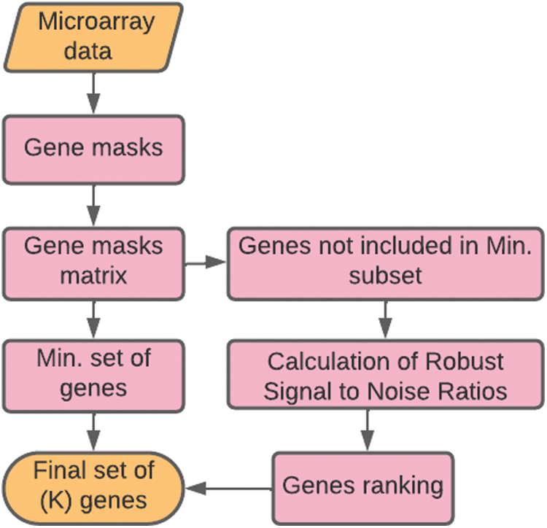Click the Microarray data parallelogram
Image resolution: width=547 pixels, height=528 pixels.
click(93, 36)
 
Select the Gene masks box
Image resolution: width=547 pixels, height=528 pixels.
click(93, 148)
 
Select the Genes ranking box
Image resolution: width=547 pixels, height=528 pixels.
click(362, 486)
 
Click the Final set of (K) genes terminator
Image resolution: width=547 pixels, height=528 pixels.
click(93, 486)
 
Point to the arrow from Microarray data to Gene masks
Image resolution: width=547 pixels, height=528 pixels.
click(93, 93)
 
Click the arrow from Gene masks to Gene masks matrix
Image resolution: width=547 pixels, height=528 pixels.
click(93, 205)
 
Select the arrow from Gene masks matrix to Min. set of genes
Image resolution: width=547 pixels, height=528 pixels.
click(93, 319)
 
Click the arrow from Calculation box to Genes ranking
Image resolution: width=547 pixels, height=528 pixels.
click(367, 431)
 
